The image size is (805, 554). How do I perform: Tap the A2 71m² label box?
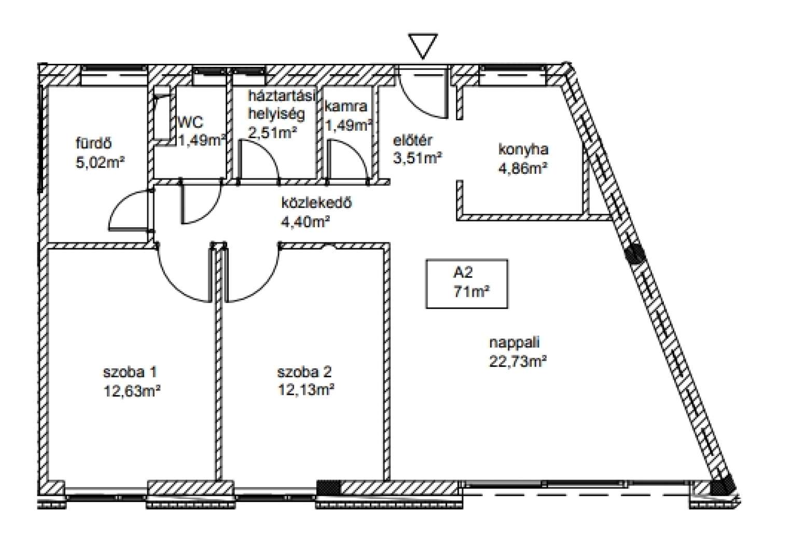point(466,284)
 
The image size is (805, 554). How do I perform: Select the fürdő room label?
point(93,143)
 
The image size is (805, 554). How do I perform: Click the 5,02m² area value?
point(100,162)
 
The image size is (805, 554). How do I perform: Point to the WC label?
point(191,122)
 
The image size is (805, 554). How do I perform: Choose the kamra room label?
point(346,106)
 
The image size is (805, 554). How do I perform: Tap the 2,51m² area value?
point(273,132)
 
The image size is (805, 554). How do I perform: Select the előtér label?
point(412,140)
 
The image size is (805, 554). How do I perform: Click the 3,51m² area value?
point(418,158)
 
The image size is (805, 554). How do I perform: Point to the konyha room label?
point(523,149)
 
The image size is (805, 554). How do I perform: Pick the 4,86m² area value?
point(523,168)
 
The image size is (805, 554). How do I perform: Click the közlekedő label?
point(316,203)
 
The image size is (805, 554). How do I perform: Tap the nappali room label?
point(514,342)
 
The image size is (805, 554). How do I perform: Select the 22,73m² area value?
point(518,361)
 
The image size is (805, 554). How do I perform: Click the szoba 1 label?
point(130,372)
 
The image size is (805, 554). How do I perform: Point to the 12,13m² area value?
point(307,390)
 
